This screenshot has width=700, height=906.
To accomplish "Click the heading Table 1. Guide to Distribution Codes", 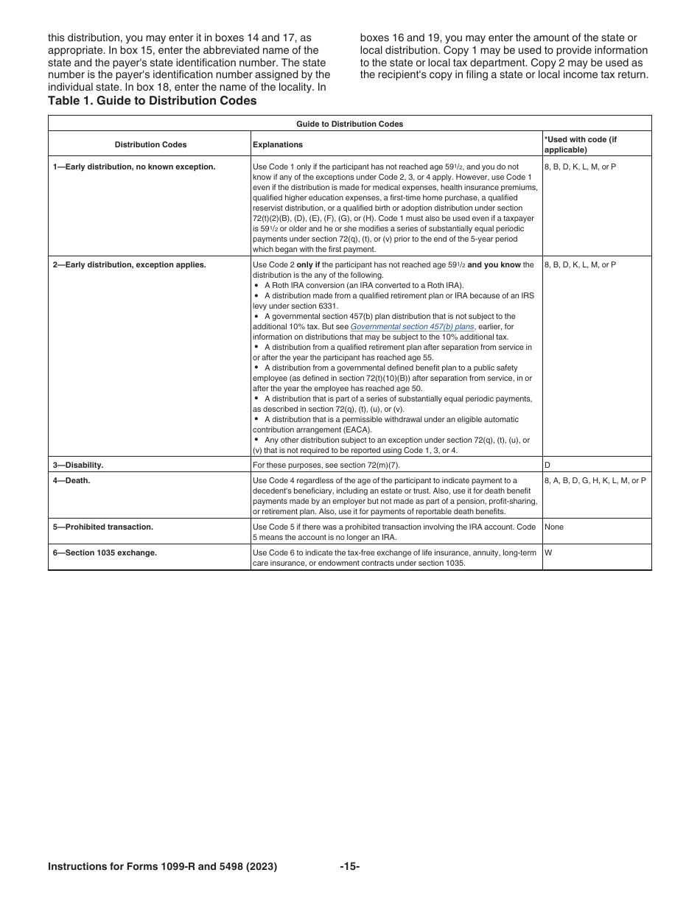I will pyautogui.click(x=152, y=101).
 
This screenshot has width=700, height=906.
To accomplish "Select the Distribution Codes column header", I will pyautogui.click(x=150, y=145).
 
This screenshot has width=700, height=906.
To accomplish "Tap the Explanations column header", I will pyautogui.click(x=277, y=145).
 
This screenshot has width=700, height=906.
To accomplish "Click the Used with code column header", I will pyautogui.click(x=580, y=144).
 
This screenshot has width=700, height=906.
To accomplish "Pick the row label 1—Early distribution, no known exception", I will pyautogui.click(x=133, y=167).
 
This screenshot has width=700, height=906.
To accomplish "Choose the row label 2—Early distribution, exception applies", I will pyautogui.click(x=129, y=264).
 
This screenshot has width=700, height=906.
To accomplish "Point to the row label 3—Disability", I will pyautogui.click(x=77, y=466).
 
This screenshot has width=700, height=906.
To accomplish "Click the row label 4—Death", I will pyautogui.click(x=71, y=481).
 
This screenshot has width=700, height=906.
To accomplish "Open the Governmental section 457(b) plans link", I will pyautogui.click(x=412, y=326).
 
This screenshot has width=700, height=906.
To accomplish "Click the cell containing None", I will pyautogui.click(x=553, y=527).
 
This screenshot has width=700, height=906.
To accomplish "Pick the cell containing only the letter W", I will pyautogui.click(x=548, y=552).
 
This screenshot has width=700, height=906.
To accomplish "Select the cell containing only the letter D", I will pyautogui.click(x=547, y=466).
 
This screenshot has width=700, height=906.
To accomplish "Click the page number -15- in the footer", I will pyautogui.click(x=349, y=867).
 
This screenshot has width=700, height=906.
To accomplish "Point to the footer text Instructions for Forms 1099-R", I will pyautogui.click(x=162, y=867).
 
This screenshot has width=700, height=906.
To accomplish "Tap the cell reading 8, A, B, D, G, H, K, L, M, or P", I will pyautogui.click(x=595, y=481).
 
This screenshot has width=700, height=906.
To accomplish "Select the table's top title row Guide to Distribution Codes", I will pyautogui.click(x=349, y=124).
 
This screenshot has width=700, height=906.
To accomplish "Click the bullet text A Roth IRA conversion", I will pyautogui.click(x=364, y=285).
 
